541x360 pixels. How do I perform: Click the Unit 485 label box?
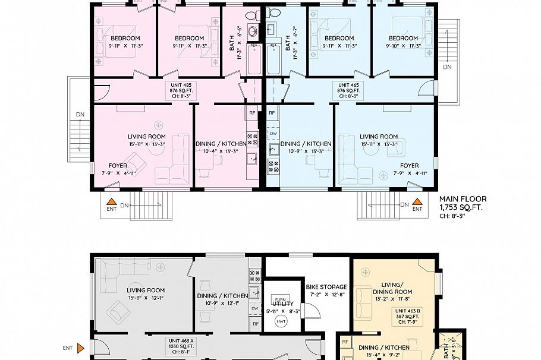point(181,91)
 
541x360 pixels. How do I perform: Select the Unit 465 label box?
point(348,91)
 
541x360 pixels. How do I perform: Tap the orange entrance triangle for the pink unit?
point(111,203)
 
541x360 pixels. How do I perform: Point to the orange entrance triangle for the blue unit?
point(417,202)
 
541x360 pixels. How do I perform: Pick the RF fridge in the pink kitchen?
point(252,112)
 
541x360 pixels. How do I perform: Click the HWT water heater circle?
point(280,321)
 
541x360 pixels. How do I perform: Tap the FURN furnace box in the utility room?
point(279,299)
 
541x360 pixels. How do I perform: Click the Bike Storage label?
point(325,288)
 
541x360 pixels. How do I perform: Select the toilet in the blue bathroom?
point(274,13)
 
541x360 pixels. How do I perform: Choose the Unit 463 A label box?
point(181,345)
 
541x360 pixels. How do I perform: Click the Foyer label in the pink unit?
point(118,166)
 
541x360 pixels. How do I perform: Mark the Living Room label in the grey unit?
point(146,290)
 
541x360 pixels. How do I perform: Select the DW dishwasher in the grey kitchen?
point(254,308)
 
